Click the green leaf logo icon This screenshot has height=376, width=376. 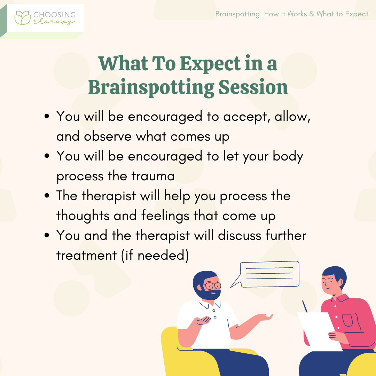(x=23, y=18)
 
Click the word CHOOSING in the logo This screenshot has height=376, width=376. (x=54, y=15)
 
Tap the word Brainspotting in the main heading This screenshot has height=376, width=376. (x=151, y=87)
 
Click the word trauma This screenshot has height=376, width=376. (x=153, y=176)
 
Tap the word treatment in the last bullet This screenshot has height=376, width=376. (x=86, y=255)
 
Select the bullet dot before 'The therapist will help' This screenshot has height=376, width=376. (x=47, y=195)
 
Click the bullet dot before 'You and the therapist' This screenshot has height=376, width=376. (x=47, y=235)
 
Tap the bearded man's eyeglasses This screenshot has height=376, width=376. (x=212, y=285)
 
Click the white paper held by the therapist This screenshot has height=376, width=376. (x=319, y=331)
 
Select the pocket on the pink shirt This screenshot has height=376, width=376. (x=347, y=320)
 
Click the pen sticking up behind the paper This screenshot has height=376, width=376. (x=305, y=306)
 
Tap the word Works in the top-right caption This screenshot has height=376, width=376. (x=297, y=14)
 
